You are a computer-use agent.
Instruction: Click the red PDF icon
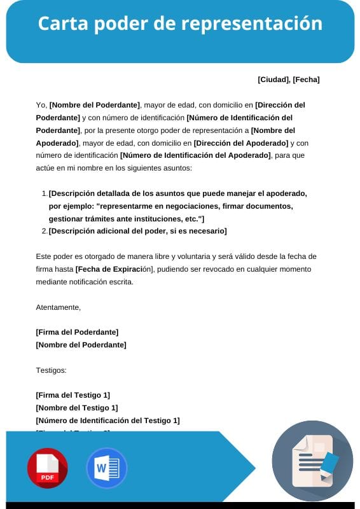[x=47, y=468]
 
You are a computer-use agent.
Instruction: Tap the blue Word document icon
[x=106, y=468]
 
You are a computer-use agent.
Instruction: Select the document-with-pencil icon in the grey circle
[x=312, y=461]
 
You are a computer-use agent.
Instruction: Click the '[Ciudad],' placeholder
[x=273, y=80]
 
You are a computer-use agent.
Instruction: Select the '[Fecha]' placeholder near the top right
[x=306, y=80]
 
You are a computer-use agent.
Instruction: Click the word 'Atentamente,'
[x=59, y=307]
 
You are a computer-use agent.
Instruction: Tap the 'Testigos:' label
[x=52, y=370]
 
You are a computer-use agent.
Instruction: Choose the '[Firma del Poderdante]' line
[x=77, y=332]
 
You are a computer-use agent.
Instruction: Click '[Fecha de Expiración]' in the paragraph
[x=114, y=269]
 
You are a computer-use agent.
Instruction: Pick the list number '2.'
[x=45, y=231]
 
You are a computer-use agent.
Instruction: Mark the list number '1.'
[x=45, y=193]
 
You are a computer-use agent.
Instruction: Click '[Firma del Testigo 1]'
[x=73, y=395]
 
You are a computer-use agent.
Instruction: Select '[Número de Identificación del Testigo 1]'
[x=107, y=421]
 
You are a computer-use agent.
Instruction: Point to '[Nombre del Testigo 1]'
[x=77, y=408]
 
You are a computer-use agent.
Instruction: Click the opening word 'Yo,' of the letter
[x=41, y=105]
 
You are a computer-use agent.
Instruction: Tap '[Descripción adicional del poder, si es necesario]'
[x=137, y=231]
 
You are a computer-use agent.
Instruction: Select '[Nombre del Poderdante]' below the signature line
[x=81, y=345]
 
